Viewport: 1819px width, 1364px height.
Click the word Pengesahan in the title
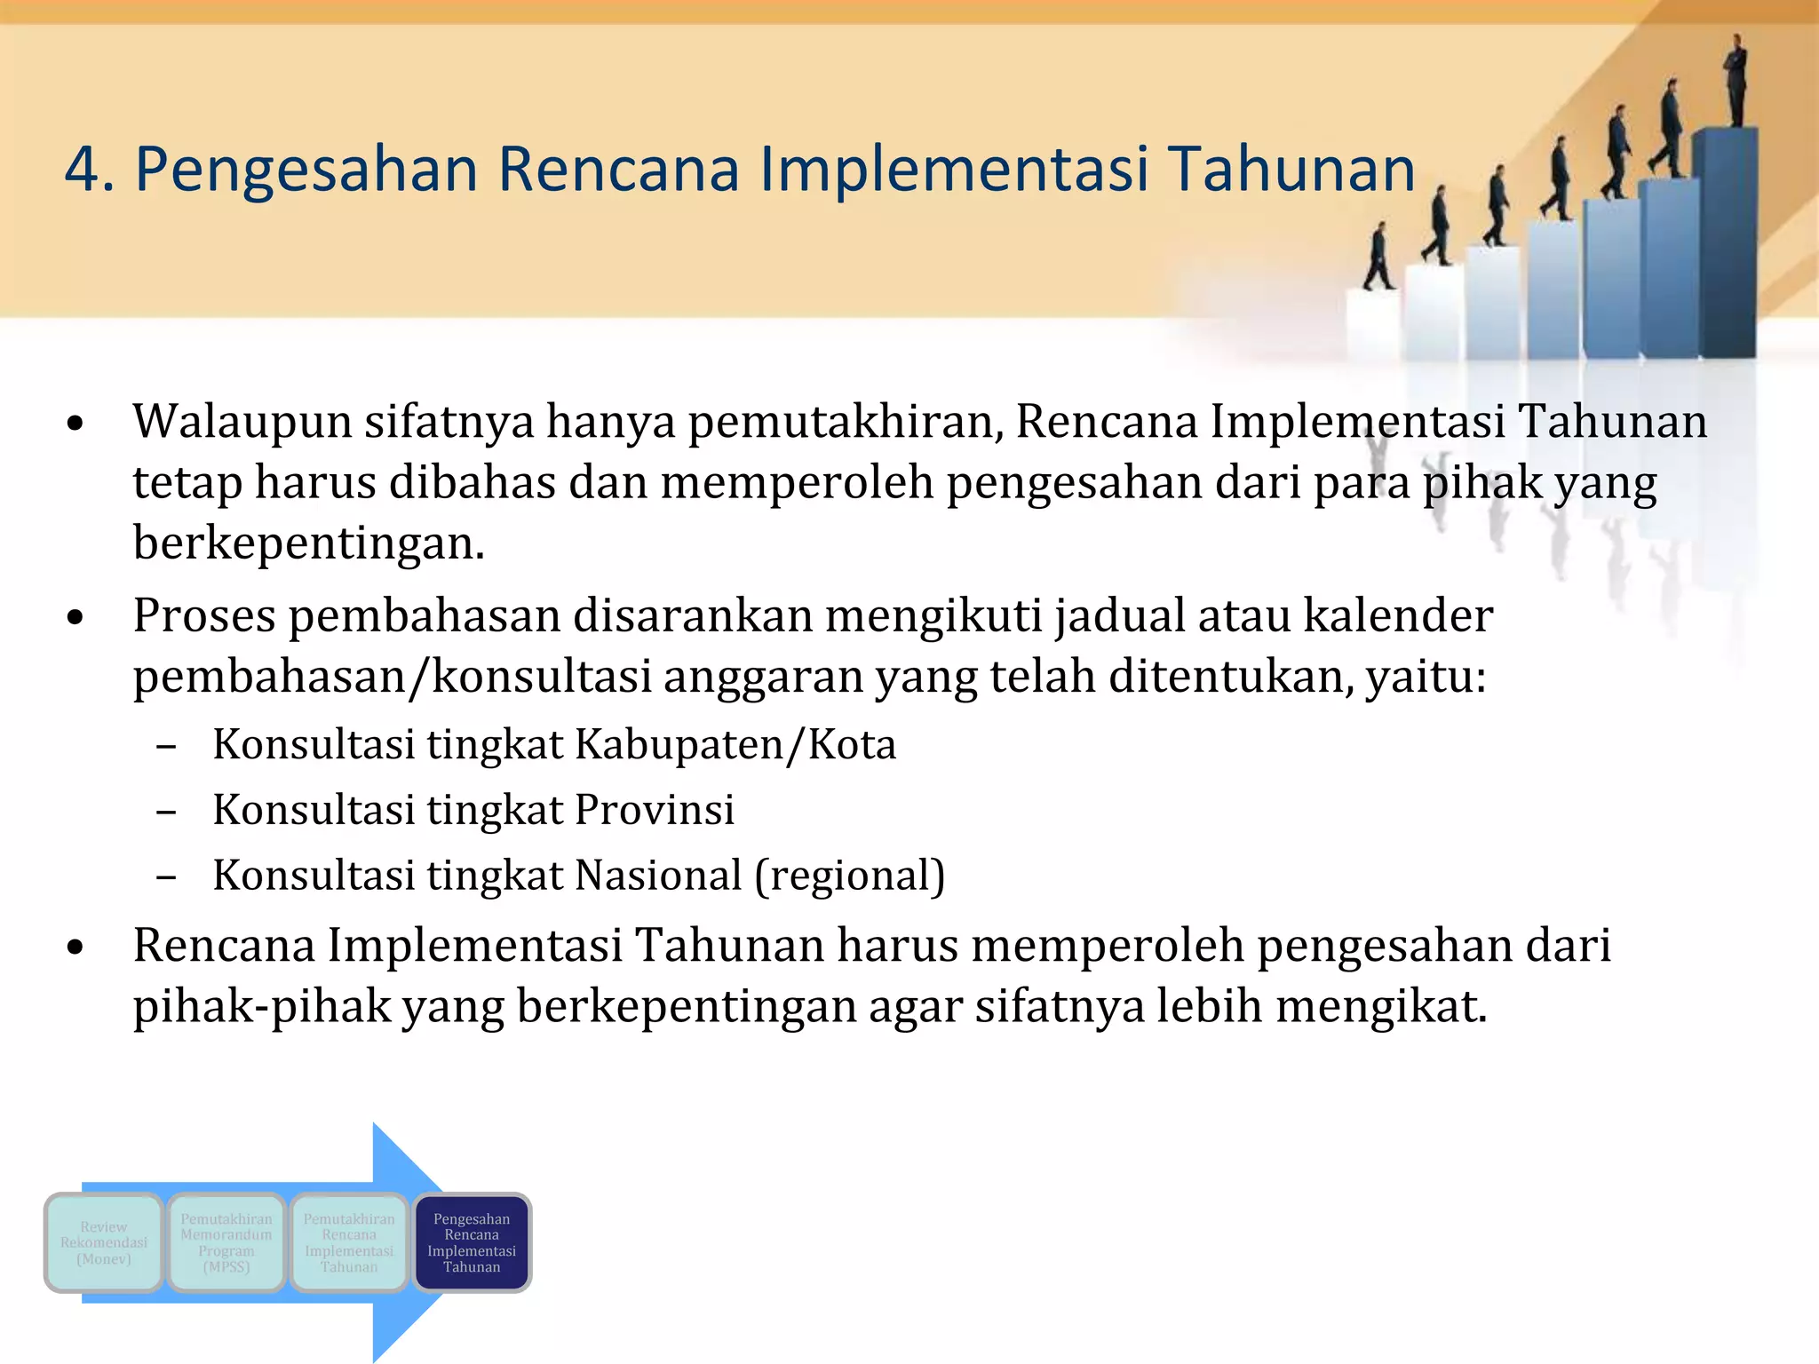point(306,170)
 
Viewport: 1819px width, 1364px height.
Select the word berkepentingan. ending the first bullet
point(308,543)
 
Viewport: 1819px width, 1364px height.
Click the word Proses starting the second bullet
point(204,616)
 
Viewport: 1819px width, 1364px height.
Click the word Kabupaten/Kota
point(735,744)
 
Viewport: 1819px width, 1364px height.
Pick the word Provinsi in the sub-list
point(655,810)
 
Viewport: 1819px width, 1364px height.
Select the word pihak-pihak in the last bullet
point(262,1007)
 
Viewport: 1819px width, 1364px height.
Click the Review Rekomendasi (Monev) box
point(104,1242)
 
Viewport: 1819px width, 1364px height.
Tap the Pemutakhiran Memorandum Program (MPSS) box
point(226,1242)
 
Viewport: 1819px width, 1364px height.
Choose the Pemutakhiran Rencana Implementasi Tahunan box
point(349,1242)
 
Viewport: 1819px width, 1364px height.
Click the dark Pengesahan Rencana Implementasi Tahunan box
point(472,1242)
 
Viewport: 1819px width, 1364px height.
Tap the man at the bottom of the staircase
point(1378,258)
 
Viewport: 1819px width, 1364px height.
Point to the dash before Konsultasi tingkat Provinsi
point(165,812)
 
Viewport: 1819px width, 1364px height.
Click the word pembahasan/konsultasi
point(393,678)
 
